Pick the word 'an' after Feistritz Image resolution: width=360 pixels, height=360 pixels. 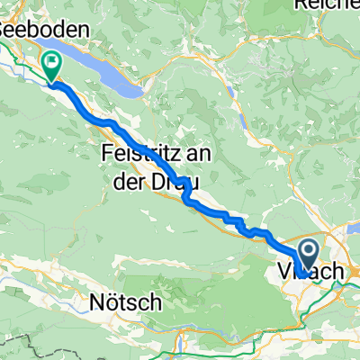(x=201, y=155)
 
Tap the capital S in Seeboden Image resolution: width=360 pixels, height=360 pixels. (x=5, y=29)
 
